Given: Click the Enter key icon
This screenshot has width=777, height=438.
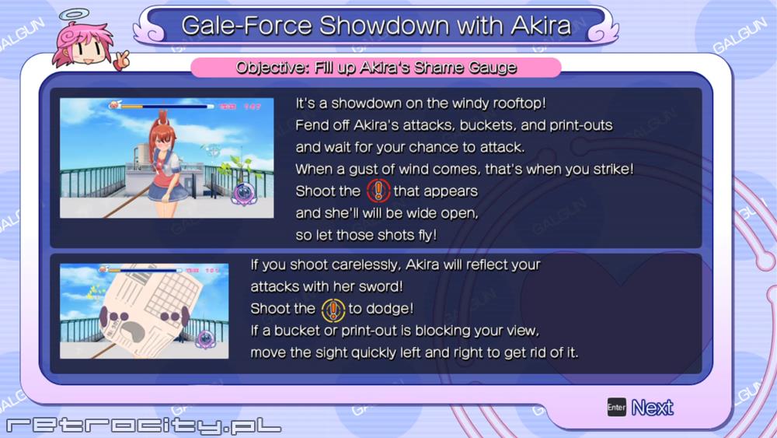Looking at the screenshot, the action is (x=616, y=407).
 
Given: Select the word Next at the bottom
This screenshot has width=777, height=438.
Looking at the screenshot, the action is (x=652, y=408).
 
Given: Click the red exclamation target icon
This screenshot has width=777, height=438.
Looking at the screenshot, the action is (x=378, y=191).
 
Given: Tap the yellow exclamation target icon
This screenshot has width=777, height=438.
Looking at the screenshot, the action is (x=333, y=310).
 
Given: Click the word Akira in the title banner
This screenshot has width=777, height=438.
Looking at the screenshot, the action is (x=541, y=26).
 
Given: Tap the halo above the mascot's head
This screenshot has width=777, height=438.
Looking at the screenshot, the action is (x=75, y=15).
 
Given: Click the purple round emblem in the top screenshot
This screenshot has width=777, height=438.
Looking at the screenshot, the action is (x=244, y=194).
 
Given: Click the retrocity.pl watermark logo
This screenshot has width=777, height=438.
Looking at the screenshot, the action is (x=144, y=425).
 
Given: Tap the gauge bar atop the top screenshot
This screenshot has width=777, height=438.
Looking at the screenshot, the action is (x=162, y=106).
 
